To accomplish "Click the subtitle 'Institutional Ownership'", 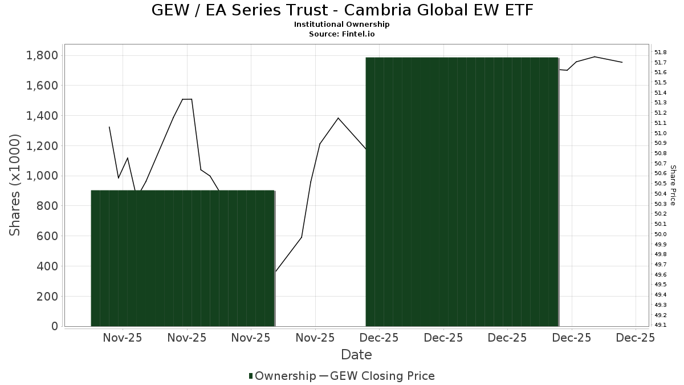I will (x=342, y=25).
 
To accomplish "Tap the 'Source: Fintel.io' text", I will (x=342, y=34).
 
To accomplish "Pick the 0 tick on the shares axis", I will (x=55, y=326).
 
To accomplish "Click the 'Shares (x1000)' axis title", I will (x=15, y=185).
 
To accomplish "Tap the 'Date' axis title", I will (x=356, y=355).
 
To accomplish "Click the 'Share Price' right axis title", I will (x=673, y=185).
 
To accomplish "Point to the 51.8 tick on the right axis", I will (x=661, y=52).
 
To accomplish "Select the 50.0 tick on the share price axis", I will (x=661, y=234).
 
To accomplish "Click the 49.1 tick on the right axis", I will (x=661, y=325).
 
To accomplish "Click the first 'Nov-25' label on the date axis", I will (x=123, y=338).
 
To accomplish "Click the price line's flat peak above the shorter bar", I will (x=187, y=99).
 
